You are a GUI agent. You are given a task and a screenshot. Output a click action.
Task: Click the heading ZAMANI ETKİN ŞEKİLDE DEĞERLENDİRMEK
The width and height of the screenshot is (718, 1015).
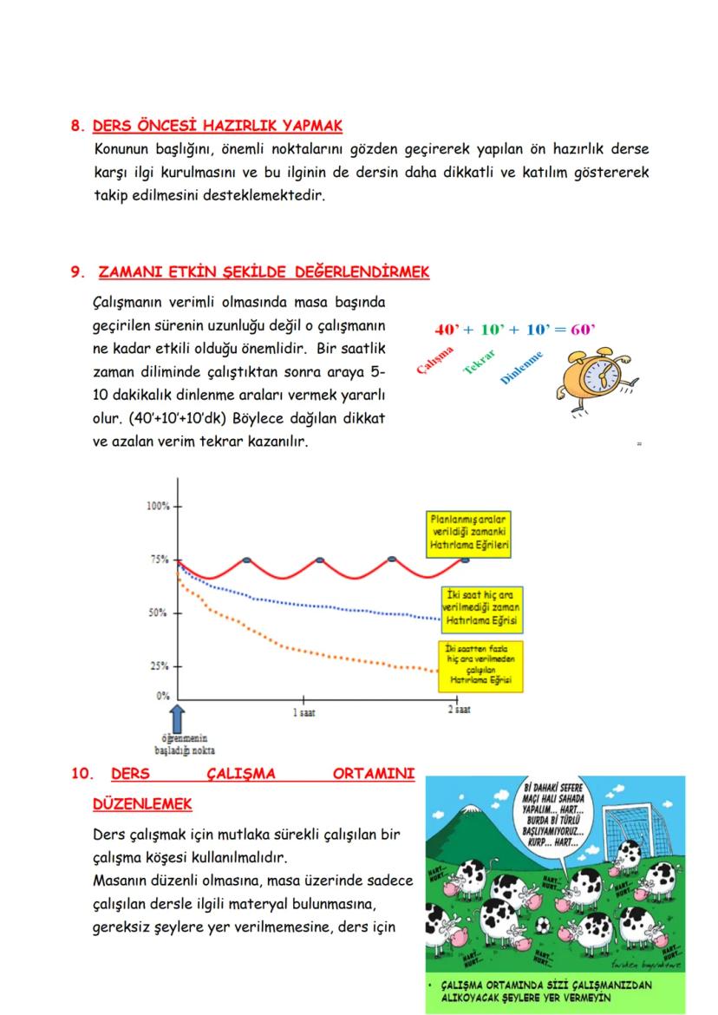point(264,272)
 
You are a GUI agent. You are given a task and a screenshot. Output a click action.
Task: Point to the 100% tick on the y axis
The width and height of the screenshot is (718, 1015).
point(158,506)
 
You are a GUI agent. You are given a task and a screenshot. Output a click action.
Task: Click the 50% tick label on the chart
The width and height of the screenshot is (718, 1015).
point(159,613)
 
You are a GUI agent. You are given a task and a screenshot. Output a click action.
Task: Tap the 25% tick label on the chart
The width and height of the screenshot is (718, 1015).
point(159,666)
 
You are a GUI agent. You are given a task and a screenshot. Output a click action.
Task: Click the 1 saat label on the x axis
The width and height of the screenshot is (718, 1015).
point(304,711)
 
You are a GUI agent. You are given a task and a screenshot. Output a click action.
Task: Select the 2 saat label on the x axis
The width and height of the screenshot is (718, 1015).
point(458,710)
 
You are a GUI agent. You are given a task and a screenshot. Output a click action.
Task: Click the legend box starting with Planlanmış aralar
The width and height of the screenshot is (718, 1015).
point(469,533)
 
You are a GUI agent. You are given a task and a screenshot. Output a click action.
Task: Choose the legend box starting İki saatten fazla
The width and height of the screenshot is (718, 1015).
point(479,665)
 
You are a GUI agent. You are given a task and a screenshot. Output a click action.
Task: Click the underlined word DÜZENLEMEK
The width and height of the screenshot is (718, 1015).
point(142,805)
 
